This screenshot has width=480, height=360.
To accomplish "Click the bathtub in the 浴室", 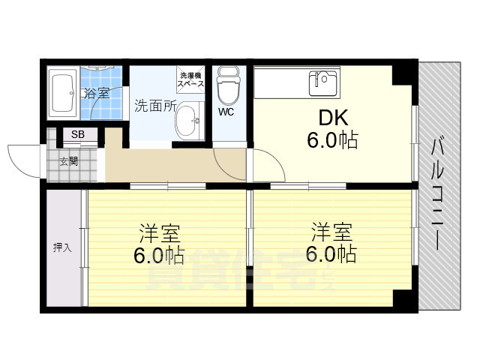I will click(x=61, y=93).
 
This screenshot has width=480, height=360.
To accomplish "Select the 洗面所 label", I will click(x=154, y=106).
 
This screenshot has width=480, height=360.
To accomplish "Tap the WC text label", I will click(x=226, y=112).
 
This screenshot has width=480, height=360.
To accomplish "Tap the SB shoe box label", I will click(x=78, y=135).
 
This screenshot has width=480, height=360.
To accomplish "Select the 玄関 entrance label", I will click(x=68, y=160).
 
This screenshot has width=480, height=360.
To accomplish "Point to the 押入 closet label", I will click(x=62, y=247).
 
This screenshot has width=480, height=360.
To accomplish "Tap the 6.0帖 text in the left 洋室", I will click(x=159, y=256).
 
